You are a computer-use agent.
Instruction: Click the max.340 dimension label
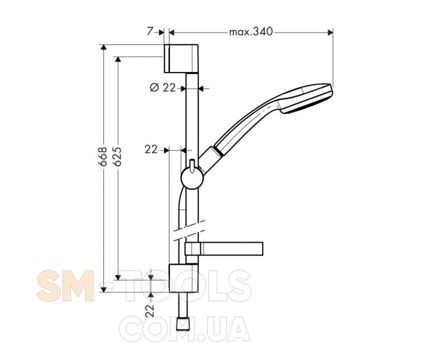(251, 32)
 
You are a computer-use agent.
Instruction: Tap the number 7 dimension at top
(150, 32)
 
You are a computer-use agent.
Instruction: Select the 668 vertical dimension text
(103, 157)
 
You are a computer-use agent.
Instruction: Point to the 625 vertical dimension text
(117, 157)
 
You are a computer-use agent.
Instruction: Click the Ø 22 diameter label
(163, 88)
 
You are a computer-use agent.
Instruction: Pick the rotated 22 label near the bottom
(150, 310)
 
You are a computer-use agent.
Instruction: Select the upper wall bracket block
(181, 59)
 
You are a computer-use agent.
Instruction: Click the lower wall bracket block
(184, 278)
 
